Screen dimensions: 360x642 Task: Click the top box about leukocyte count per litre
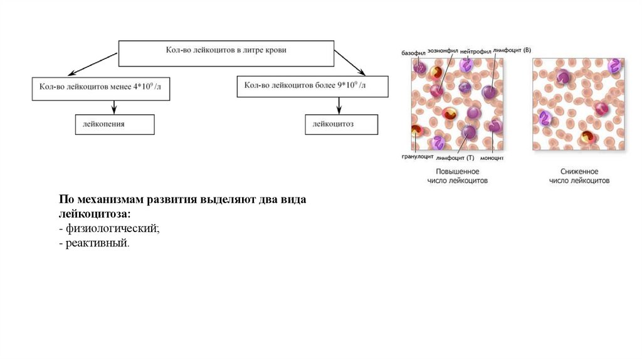[x=226, y=54]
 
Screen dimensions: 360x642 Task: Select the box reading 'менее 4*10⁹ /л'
[x=101, y=88]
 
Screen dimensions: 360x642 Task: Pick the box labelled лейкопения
[x=114, y=124]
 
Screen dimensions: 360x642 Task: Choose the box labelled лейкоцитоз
[x=341, y=124]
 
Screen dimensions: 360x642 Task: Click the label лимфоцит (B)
[x=512, y=50]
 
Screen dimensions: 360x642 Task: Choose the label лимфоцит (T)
[x=455, y=158]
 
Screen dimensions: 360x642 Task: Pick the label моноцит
[x=492, y=158]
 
